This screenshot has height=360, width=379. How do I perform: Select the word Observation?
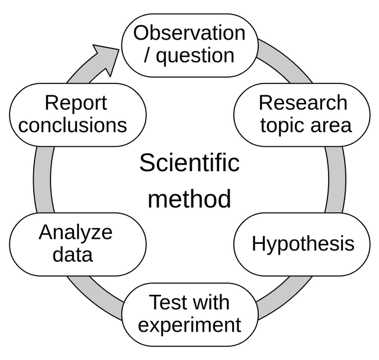click(x=189, y=33)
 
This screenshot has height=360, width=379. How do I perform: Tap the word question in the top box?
click(x=195, y=56)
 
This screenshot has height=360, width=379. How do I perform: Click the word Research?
click(x=303, y=102)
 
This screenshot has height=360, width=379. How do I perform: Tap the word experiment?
click(x=189, y=325)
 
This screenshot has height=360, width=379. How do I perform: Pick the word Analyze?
click(x=75, y=233)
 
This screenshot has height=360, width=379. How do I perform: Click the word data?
click(x=72, y=255)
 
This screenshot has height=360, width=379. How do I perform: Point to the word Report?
click(x=76, y=103)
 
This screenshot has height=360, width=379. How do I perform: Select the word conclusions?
click(x=72, y=125)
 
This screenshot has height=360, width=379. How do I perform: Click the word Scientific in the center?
click(x=189, y=163)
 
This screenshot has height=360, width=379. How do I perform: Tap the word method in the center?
click(x=189, y=198)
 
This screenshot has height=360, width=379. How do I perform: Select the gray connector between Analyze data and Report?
click(x=43, y=179)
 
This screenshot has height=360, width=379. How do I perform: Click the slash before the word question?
click(x=146, y=55)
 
